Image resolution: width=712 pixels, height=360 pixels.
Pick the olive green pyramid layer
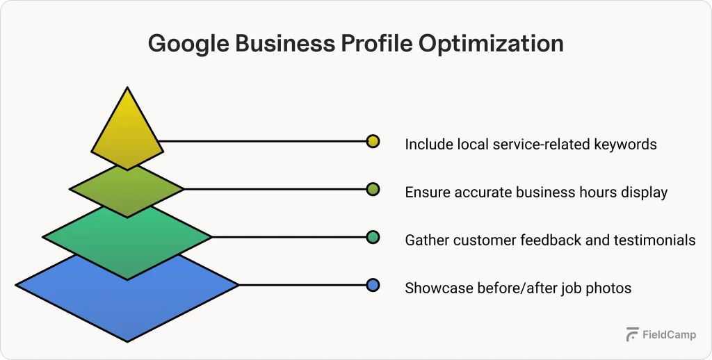(127, 189)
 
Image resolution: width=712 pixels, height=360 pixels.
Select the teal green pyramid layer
(127, 238)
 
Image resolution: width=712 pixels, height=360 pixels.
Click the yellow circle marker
(373, 141)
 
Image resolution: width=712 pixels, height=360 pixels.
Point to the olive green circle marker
(373, 189)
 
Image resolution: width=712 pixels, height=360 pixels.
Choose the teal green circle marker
(373, 237)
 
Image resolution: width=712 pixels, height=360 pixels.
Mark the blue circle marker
(373, 285)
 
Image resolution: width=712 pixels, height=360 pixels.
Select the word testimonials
(654, 240)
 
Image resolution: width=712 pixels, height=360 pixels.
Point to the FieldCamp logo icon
(632, 334)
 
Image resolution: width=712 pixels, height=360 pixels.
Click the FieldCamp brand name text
(669, 334)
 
